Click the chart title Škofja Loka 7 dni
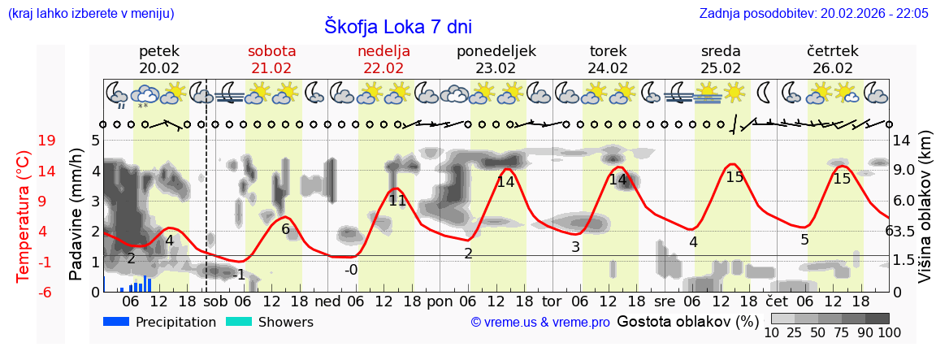(397, 26)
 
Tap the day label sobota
(271, 51)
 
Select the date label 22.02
(383, 68)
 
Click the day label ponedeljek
(496, 51)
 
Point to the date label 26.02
(833, 68)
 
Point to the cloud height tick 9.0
(904, 171)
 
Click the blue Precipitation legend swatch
(116, 322)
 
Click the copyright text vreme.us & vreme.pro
(540, 323)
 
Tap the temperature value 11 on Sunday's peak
(396, 201)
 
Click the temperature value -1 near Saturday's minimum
(238, 275)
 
